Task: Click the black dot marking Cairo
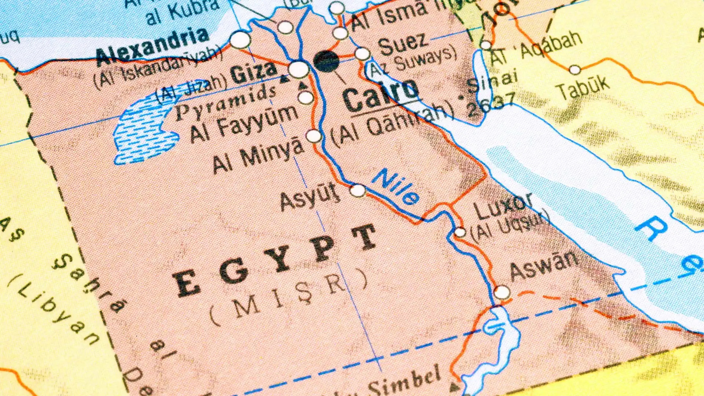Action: [326, 61]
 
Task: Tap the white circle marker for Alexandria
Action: [240, 40]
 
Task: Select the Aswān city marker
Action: [501, 293]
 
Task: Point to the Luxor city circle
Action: [460, 232]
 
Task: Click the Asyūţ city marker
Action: [357, 191]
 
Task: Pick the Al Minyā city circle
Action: [313, 136]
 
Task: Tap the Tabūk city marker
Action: [575, 70]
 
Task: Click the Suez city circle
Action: [362, 54]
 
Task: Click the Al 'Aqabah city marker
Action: [486, 45]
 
